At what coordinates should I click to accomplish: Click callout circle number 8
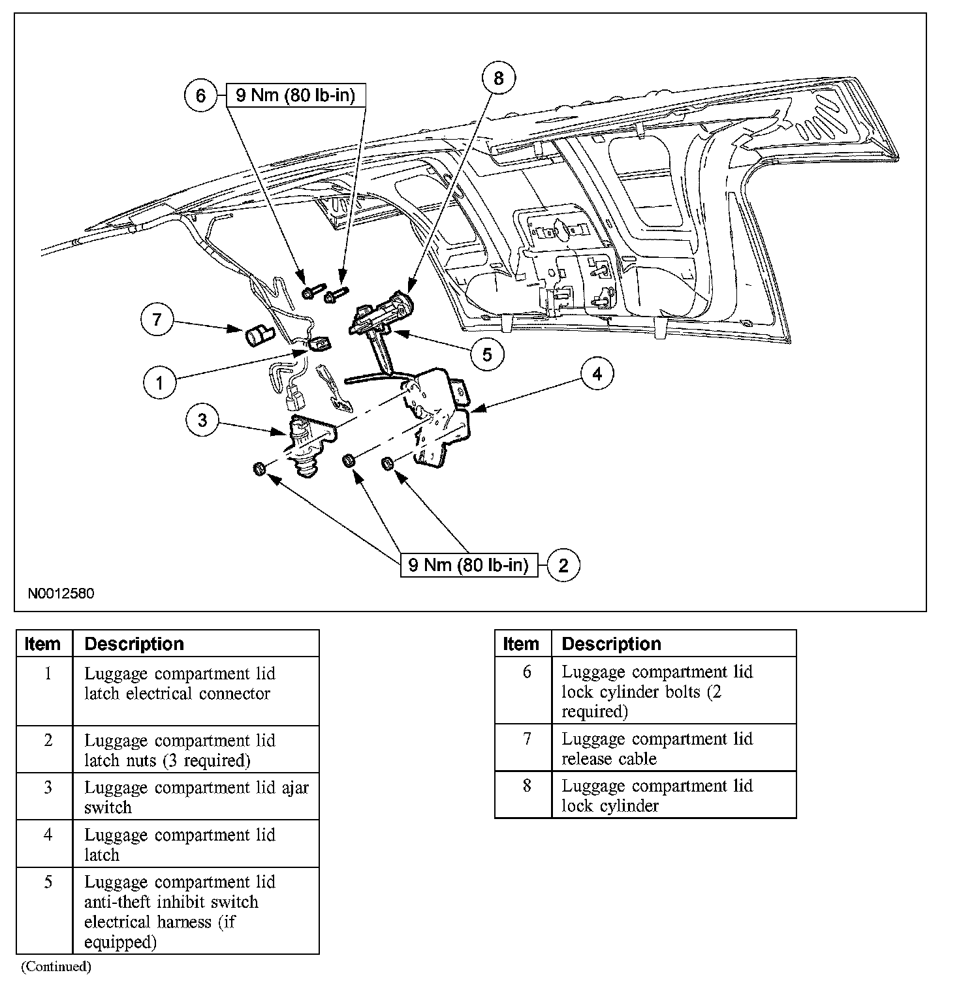(x=499, y=79)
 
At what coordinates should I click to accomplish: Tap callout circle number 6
(x=200, y=96)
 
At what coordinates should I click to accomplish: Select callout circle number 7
(x=157, y=320)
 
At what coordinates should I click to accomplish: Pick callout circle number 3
(x=202, y=420)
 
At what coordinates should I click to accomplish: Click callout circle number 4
(x=597, y=374)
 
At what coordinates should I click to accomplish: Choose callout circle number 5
(x=488, y=354)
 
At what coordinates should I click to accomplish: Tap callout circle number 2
(x=563, y=565)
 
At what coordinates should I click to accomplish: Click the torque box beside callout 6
(x=295, y=96)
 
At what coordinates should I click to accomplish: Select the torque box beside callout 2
(x=468, y=565)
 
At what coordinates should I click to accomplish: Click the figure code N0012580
(x=61, y=594)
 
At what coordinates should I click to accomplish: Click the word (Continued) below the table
(x=55, y=966)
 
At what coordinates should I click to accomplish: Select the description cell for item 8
(x=673, y=795)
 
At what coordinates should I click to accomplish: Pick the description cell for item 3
(x=195, y=796)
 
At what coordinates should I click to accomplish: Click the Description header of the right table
(x=673, y=643)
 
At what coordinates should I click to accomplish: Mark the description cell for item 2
(x=195, y=749)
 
